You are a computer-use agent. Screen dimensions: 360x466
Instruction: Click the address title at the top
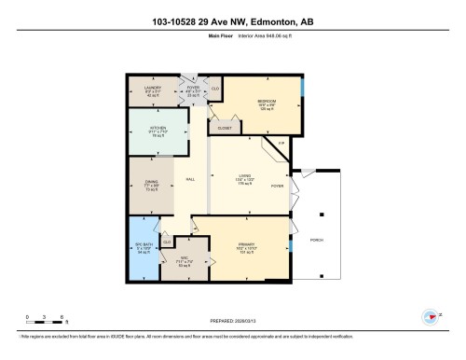pos(233,21)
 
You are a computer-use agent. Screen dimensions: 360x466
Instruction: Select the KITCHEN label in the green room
pos(153,130)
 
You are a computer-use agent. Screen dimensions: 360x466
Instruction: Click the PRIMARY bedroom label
pos(244,246)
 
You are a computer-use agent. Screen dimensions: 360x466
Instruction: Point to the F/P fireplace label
pos(280,142)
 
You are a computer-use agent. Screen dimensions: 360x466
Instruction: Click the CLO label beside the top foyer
pos(214,89)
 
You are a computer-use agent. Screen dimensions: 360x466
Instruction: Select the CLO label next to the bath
pos(167,242)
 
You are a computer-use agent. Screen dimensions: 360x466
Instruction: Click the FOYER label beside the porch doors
pos(277,187)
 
